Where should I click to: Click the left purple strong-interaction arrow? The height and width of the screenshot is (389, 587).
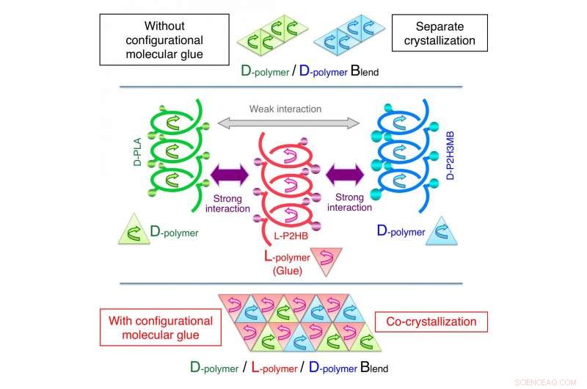pos(230,176)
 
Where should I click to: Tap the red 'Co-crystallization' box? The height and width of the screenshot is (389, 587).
pos(426,321)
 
